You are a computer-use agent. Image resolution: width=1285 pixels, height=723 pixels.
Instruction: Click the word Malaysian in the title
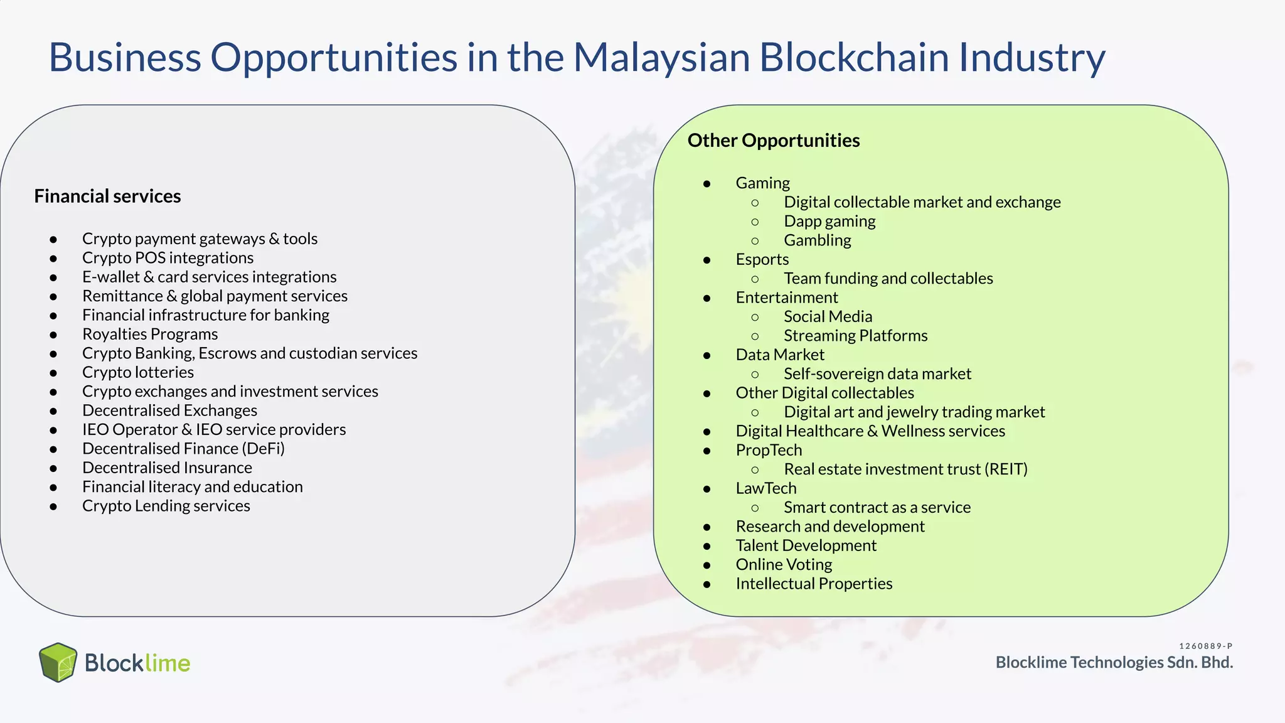pos(661,58)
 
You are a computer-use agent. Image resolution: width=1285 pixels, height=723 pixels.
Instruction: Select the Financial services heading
pos(107,196)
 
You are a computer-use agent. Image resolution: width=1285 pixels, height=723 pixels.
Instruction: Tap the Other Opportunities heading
pos(773,141)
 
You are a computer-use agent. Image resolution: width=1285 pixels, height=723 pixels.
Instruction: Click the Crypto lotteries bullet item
pos(138,372)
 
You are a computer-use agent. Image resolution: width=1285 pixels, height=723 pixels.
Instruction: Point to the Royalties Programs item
pos(150,334)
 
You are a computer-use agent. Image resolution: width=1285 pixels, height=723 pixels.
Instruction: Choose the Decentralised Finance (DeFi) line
pos(183,449)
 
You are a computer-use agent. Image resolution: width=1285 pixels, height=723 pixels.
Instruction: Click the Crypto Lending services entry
pos(166,506)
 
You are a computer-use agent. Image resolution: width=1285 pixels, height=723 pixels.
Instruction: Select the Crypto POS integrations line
pos(168,258)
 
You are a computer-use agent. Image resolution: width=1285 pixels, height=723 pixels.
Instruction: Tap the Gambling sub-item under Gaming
pos(817,240)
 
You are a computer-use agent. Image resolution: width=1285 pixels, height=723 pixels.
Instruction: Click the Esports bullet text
pos(762,259)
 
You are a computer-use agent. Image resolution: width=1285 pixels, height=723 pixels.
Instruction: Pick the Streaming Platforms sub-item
pos(855,336)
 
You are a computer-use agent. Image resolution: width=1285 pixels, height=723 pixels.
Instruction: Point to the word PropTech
pos(769,450)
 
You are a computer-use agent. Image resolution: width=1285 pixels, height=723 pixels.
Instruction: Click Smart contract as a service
pos(877,507)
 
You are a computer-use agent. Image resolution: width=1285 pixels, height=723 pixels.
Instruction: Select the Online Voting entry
pos(784,564)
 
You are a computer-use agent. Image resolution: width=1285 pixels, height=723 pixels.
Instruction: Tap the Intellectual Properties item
pos(814,584)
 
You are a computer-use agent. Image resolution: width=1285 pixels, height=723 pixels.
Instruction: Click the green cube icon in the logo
pos(58,662)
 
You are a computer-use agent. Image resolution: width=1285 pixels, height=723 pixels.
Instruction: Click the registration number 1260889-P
pos(1205,646)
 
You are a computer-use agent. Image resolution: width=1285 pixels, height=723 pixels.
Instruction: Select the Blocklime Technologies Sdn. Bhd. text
pos(1114,663)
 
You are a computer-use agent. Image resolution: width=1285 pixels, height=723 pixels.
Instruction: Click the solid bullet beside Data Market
pos(707,355)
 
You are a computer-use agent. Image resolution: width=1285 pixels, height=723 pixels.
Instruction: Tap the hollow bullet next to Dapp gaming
pos(755,222)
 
